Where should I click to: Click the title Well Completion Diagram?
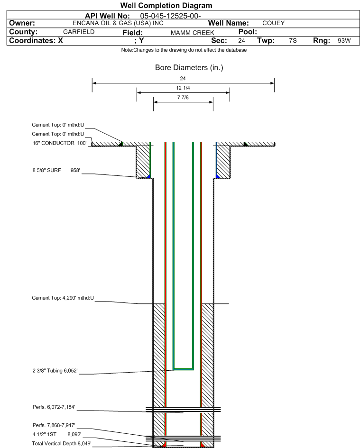pos(166,5)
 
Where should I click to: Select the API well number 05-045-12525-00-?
pos(170,16)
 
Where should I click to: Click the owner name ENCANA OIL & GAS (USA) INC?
pos(118,23)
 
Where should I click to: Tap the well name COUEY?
pos(273,23)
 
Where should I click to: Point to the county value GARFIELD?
pos(79,32)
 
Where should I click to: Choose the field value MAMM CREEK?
pos(193,33)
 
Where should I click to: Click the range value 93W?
pos(344,41)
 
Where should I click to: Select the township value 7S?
pos(293,41)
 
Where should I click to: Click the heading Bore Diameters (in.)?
pos(189,68)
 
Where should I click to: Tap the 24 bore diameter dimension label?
pos(183,78)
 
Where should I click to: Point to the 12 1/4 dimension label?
pos(183,88)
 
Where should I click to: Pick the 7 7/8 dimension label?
pos(183,98)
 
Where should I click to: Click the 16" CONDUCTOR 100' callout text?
pos(59,143)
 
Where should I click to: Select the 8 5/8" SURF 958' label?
pos(56,170)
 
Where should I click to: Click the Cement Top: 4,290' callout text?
pos(63,298)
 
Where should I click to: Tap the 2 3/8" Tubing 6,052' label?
pos(55,371)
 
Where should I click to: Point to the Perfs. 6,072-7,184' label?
pos(54,407)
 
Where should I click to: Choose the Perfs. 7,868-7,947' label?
pos(54,425)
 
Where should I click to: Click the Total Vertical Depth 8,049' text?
pos(62,443)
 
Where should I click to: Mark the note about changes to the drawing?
pos(184,50)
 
